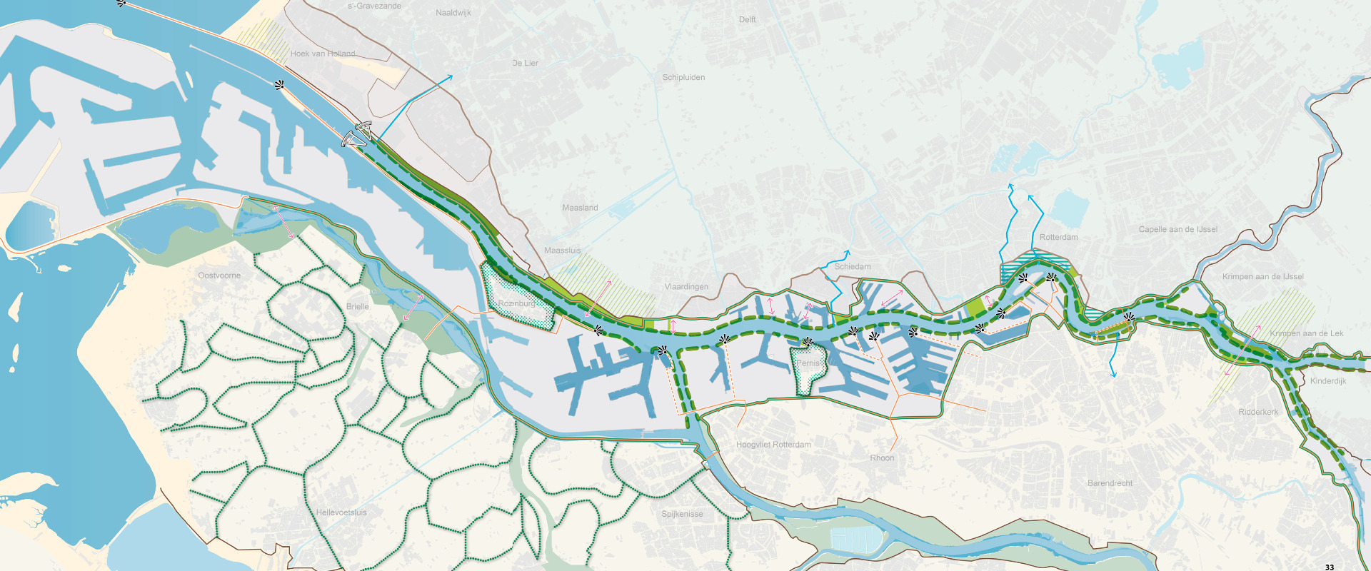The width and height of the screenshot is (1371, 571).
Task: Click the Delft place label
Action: (x=747, y=20)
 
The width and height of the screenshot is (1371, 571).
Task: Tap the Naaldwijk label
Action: (x=453, y=13)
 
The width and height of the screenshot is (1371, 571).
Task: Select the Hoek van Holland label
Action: (x=322, y=54)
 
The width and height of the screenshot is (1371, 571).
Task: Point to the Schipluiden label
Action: (x=683, y=78)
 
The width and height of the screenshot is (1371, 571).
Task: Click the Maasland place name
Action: (x=580, y=208)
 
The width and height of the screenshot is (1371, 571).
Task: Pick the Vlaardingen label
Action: (x=686, y=287)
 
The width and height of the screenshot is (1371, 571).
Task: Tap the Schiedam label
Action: (x=853, y=267)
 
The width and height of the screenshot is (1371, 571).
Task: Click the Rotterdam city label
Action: (x=1058, y=238)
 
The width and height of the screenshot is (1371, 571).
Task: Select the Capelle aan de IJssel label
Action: (x=1177, y=230)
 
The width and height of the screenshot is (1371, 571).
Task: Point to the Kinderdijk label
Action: (x=1327, y=381)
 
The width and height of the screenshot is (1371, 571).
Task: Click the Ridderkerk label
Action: (x=1258, y=413)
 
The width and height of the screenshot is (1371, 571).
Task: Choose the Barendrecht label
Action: (x=1110, y=484)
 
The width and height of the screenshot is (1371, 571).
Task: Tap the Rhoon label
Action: (x=882, y=458)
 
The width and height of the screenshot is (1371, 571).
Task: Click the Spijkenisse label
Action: (x=682, y=515)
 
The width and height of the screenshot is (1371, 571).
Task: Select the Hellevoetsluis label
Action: (x=341, y=513)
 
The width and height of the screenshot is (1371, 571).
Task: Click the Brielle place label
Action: (x=358, y=307)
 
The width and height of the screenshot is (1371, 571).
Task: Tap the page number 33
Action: (x=1329, y=567)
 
